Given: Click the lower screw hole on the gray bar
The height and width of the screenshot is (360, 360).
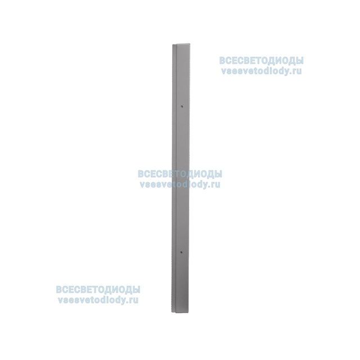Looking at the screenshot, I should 182,253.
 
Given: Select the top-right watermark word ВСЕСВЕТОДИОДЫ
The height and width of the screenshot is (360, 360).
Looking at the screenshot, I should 262,61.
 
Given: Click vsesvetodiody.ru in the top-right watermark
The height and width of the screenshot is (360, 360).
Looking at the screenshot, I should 262,72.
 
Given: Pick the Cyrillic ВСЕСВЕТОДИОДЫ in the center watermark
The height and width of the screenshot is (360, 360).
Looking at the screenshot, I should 180,174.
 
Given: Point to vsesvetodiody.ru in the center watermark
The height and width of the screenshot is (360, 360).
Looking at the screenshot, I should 180,184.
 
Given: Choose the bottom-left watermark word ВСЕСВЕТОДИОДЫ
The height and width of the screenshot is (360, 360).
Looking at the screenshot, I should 98,289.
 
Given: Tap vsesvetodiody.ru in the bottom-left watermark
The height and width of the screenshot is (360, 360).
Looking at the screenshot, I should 98,300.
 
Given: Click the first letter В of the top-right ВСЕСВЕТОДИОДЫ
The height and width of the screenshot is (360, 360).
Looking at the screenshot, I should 222,61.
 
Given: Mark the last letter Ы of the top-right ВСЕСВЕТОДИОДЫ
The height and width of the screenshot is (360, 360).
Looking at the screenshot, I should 300,61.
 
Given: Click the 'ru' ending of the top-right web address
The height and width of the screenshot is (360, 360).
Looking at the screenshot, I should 299,73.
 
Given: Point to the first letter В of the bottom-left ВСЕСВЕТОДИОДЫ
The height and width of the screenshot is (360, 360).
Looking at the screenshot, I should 58,289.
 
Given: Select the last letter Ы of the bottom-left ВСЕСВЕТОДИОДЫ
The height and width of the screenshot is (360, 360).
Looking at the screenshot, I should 137,289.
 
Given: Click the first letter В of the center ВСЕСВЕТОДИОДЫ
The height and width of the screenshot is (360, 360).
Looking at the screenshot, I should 141,174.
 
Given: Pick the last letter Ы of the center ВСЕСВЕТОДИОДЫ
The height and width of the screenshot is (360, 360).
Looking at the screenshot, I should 219,174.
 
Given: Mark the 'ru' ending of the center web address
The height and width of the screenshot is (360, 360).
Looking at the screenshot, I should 217,185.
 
